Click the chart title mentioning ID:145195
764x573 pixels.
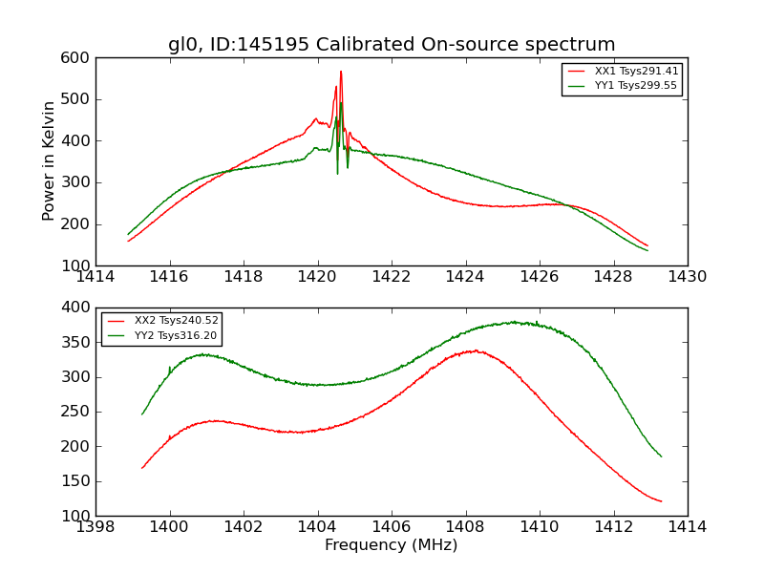pos(392,44)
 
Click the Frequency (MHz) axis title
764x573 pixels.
pos(392,545)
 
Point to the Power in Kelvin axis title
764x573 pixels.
pos(50,161)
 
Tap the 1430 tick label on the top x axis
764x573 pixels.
pos(688,277)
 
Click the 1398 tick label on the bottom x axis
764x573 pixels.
pos(95,527)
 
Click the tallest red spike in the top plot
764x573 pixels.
pos(341,72)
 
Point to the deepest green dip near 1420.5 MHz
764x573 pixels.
pos(337,172)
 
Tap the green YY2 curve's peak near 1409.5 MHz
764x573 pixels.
pos(514,322)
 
